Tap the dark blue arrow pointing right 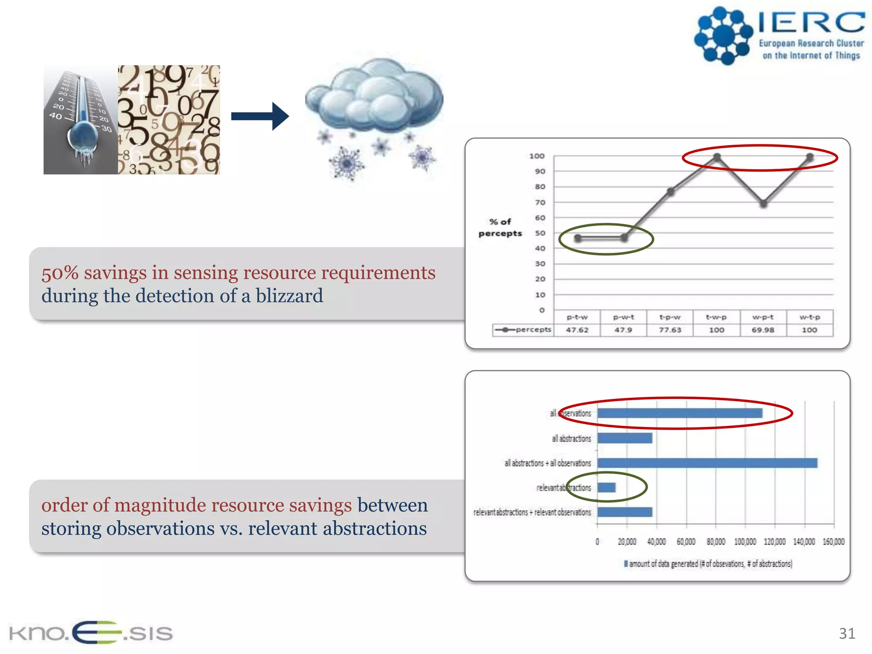[x=260, y=116]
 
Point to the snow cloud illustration [x=374, y=98]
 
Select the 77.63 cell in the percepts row [x=670, y=330]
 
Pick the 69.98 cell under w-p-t [x=763, y=330]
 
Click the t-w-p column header [x=716, y=317]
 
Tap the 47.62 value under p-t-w [x=577, y=330]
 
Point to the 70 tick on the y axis [x=540, y=203]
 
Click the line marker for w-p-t [x=763, y=204]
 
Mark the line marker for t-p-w [x=671, y=192]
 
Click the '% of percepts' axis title [x=500, y=227]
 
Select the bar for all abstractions [x=625, y=438]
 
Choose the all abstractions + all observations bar [x=707, y=463]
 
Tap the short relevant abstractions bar [x=606, y=488]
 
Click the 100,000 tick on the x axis [x=745, y=542]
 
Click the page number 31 [x=847, y=634]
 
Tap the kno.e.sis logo [x=91, y=632]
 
